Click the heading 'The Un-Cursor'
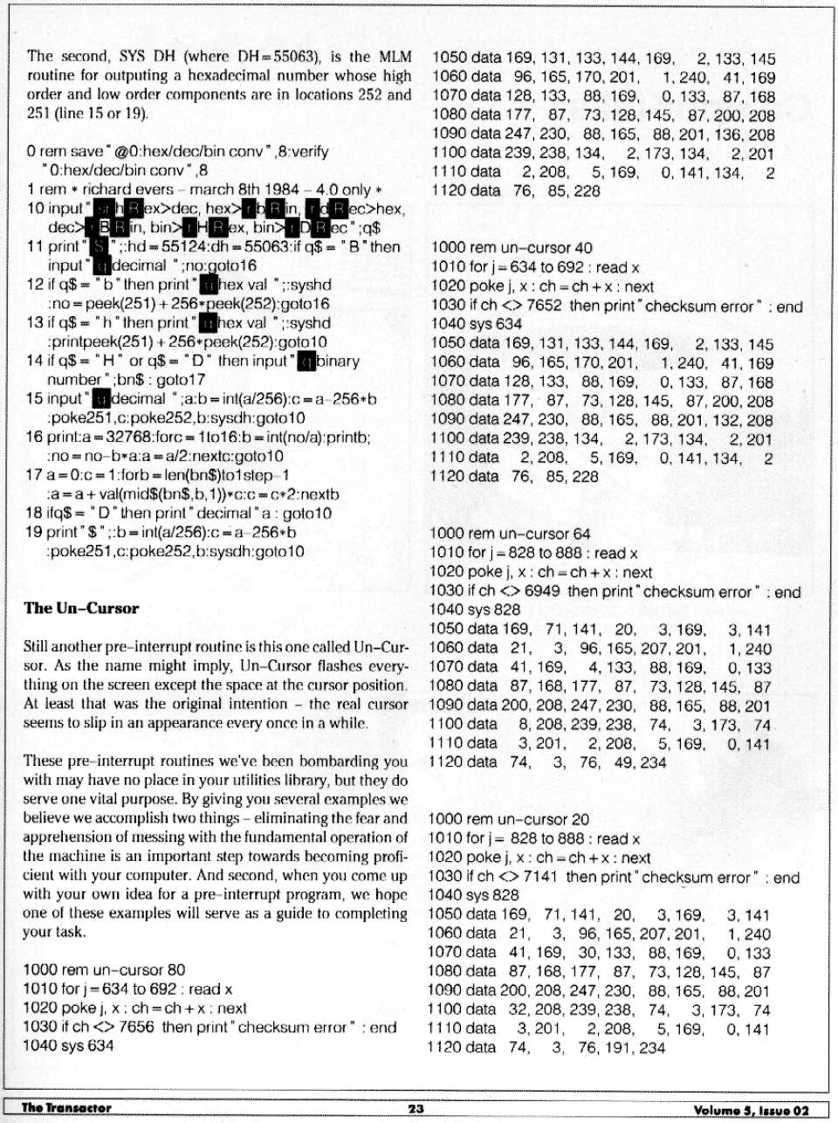pyautogui.click(x=81, y=609)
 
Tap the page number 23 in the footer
pyautogui.click(x=416, y=1108)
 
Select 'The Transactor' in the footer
pyautogui.click(x=66, y=1108)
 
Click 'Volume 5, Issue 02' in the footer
pyautogui.click(x=752, y=1110)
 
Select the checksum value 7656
pyautogui.click(x=136, y=1027)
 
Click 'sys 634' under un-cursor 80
pyautogui.click(x=87, y=1045)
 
